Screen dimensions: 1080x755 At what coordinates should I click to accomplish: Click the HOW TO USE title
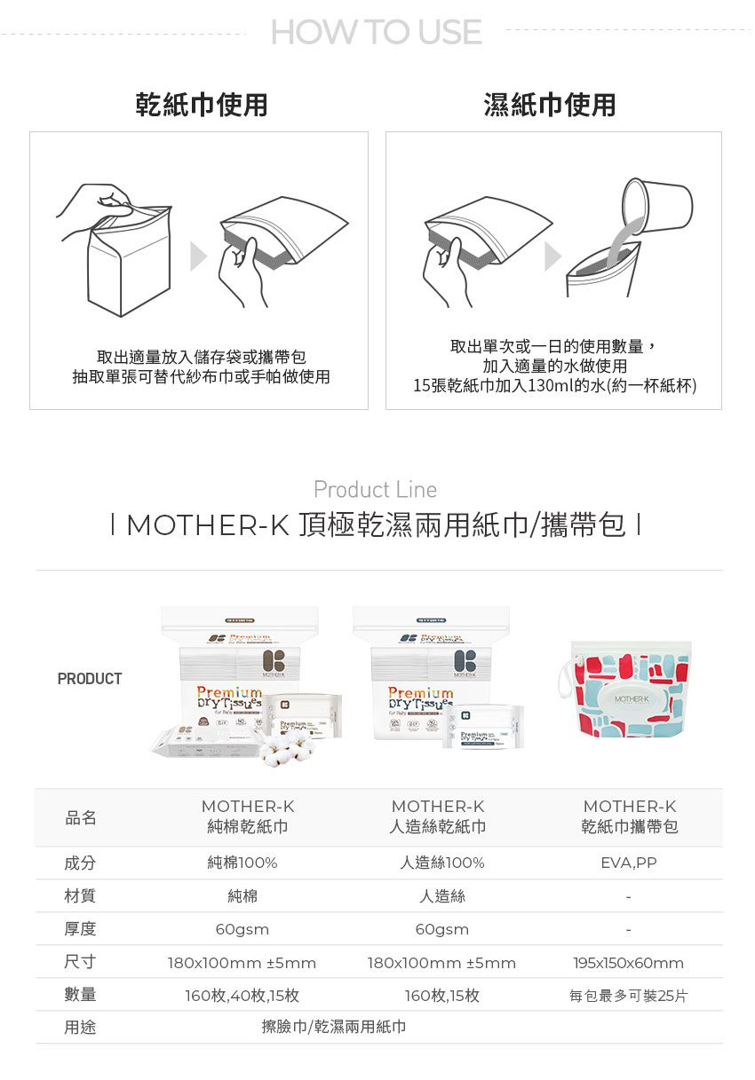point(377,33)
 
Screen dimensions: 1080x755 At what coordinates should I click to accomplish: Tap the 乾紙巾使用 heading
point(201,105)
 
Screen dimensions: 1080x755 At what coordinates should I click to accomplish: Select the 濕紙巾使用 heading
point(549,105)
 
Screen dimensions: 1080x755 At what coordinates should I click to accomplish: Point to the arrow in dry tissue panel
point(199,257)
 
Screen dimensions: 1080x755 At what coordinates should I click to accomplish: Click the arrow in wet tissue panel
point(552,257)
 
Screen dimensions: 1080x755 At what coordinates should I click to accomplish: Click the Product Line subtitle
point(375,490)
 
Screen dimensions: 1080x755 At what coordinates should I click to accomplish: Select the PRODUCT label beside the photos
point(90,679)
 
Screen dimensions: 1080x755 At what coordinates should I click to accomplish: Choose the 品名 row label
point(80,817)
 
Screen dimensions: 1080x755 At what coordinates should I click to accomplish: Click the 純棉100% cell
point(242,863)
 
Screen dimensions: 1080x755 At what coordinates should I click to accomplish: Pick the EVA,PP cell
point(629,863)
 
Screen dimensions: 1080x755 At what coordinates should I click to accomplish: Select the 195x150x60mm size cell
point(629,963)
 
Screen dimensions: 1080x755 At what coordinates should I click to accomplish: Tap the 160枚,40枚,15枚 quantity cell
point(242,996)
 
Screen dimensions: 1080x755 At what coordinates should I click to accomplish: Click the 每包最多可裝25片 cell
point(629,996)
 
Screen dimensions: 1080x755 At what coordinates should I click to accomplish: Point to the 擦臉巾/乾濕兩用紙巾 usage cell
point(334,1027)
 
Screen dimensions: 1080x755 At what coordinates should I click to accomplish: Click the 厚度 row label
point(80,929)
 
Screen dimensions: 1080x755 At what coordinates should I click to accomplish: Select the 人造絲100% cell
point(442,863)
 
